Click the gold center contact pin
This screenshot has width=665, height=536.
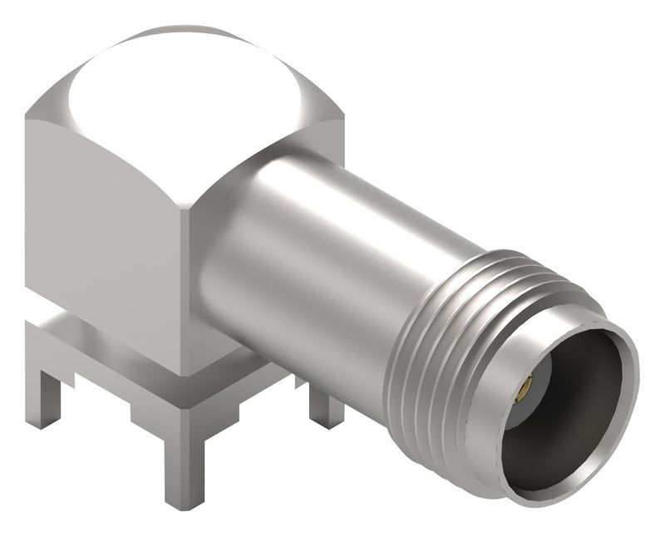(x=525, y=387)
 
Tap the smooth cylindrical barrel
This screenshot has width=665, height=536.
(x=316, y=249)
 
